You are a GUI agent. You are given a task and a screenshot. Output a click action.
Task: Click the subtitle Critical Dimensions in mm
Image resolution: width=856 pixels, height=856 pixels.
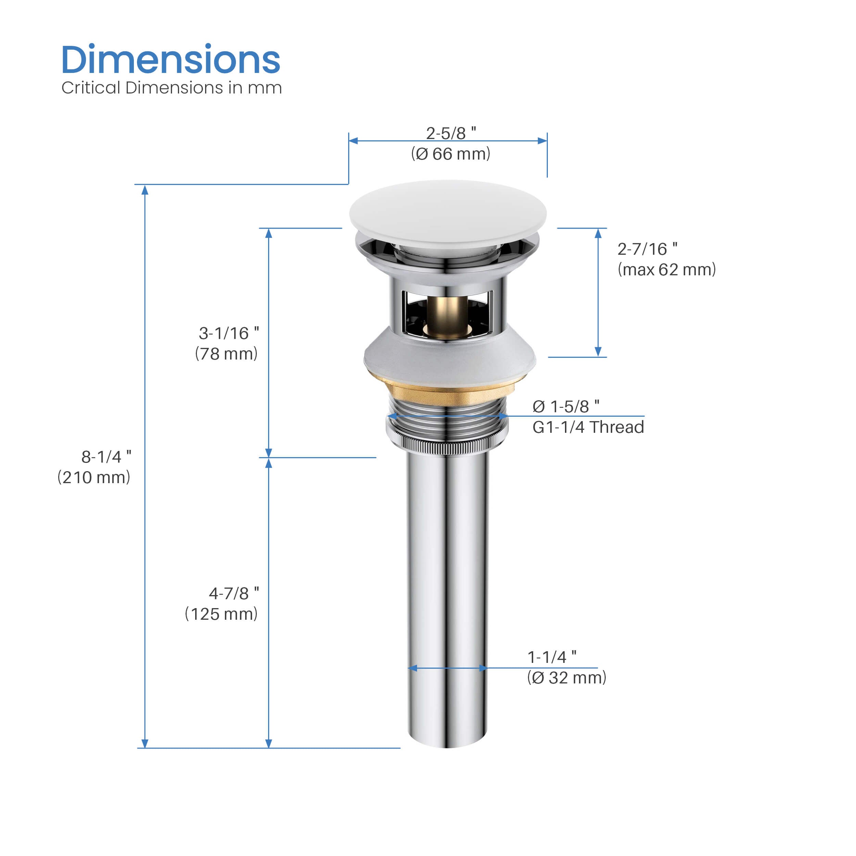tap(172, 88)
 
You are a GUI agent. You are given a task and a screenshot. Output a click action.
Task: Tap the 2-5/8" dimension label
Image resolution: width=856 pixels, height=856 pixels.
tap(451, 133)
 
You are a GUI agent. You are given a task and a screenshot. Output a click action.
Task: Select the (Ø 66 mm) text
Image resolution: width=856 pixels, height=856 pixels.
tap(451, 154)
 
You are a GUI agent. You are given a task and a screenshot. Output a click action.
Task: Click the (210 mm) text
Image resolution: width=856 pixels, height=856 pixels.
tap(94, 478)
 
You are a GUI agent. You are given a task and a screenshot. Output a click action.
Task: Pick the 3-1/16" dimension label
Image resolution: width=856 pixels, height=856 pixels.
tap(229, 333)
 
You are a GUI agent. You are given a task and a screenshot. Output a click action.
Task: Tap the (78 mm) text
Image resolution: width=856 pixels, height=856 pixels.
tap(226, 354)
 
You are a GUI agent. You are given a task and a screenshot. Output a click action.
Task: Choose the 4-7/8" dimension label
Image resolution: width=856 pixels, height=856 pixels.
tap(234, 594)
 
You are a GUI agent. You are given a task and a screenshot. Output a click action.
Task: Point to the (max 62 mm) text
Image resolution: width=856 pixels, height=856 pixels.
tap(667, 270)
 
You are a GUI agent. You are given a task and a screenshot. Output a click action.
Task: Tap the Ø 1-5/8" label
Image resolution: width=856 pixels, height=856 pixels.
tap(566, 406)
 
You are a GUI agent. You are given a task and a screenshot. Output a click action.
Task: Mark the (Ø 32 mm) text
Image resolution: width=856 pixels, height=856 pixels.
tap(567, 678)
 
